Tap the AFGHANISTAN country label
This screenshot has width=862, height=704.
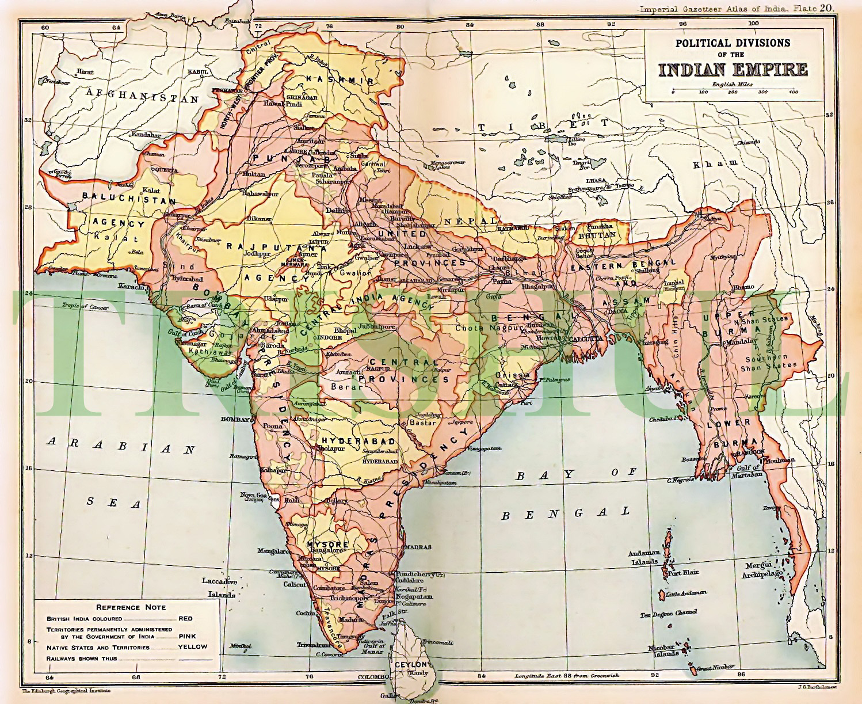coord(142,95)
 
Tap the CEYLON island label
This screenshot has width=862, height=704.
coord(410,664)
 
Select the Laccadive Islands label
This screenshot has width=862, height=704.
coord(219,585)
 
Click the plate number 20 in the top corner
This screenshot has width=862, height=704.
coord(826,7)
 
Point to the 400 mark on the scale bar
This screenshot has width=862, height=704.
coord(792,92)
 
